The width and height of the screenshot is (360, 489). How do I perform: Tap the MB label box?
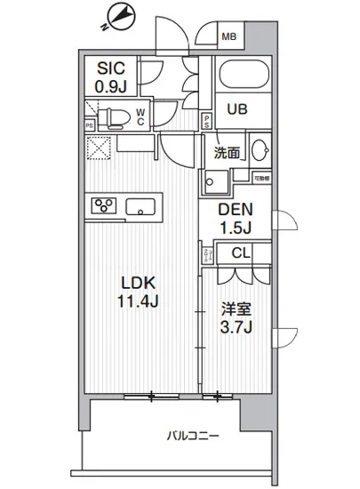point(229,37)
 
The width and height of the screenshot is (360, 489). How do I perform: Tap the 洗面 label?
point(227,152)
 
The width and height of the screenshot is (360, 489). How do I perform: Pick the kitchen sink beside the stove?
point(141,208)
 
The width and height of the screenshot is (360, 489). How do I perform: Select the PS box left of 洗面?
point(206,123)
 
